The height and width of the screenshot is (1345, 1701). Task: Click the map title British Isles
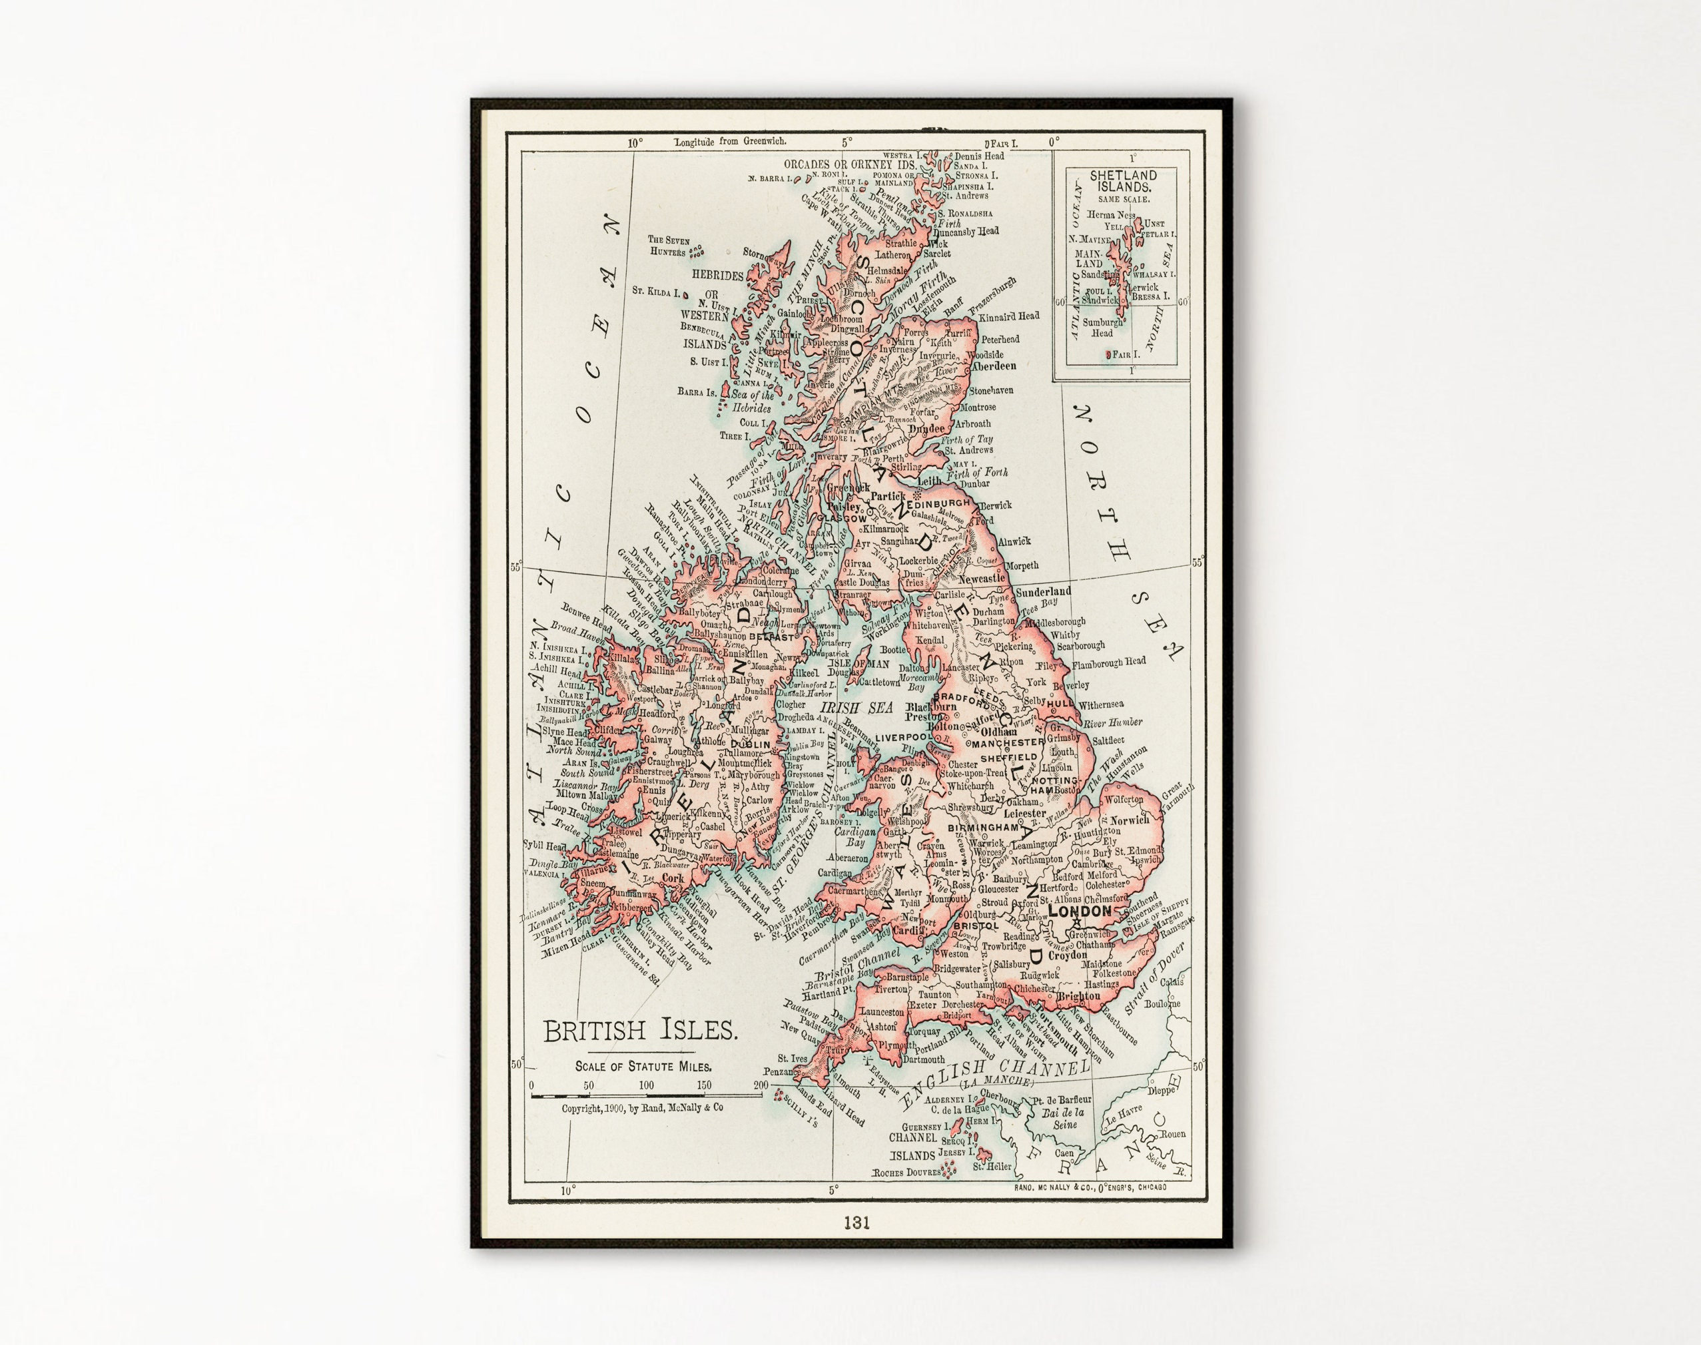tap(640, 1031)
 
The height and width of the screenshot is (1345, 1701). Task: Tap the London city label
tap(1080, 911)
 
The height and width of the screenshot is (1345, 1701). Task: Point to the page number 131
tap(856, 1223)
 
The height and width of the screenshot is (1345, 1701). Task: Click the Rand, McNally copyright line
tap(642, 1107)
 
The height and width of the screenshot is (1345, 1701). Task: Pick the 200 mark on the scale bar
tap(761, 1085)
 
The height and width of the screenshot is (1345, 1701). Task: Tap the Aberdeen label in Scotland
tap(993, 366)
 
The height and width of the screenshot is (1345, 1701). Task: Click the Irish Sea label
tap(862, 708)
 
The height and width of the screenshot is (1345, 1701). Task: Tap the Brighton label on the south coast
tap(1078, 996)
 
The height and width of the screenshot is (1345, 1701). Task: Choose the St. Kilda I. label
tap(655, 292)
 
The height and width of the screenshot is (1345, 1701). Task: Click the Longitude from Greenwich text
tap(729, 142)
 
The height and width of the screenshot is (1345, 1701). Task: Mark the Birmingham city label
tap(983, 828)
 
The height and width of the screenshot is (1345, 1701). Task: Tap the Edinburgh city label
tap(942, 503)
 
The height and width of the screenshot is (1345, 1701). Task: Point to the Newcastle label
tap(981, 578)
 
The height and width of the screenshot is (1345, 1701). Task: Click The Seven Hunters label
tap(668, 246)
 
